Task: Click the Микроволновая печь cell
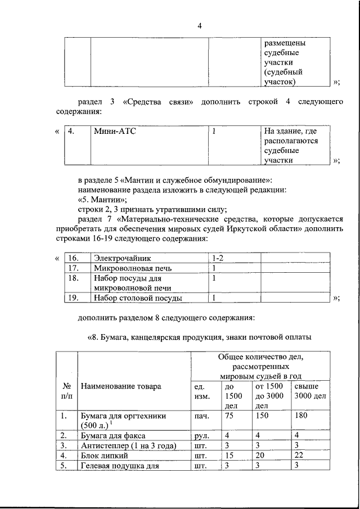pyautogui.click(x=128, y=268)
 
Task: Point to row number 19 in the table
pyautogui.click(x=73, y=299)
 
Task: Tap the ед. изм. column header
pyautogui.click(x=202, y=392)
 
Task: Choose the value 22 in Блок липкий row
pyautogui.click(x=299, y=456)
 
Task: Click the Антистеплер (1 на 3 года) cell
pyautogui.click(x=129, y=446)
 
